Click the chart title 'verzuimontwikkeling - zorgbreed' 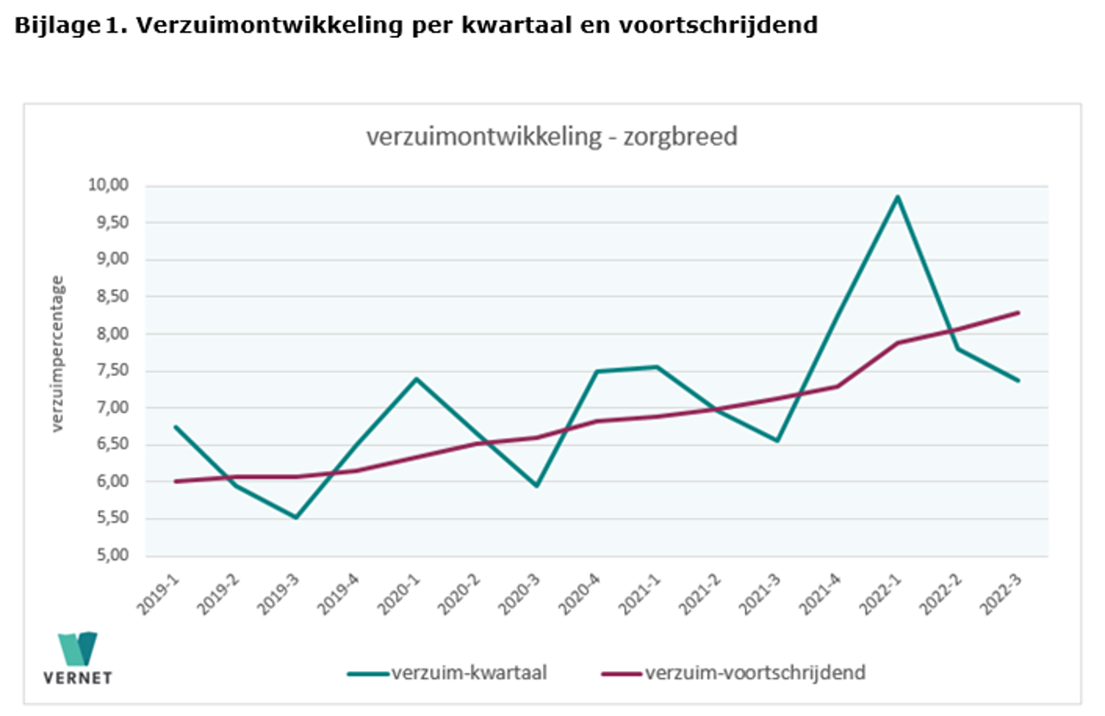click(552, 137)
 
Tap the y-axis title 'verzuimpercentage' click(58, 354)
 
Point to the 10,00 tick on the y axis click(108, 185)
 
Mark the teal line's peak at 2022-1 click(898, 197)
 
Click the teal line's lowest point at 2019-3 click(296, 518)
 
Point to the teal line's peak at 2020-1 click(417, 379)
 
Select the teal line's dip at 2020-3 click(537, 486)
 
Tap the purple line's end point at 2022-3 click(1019, 312)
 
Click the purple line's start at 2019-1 click(176, 481)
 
